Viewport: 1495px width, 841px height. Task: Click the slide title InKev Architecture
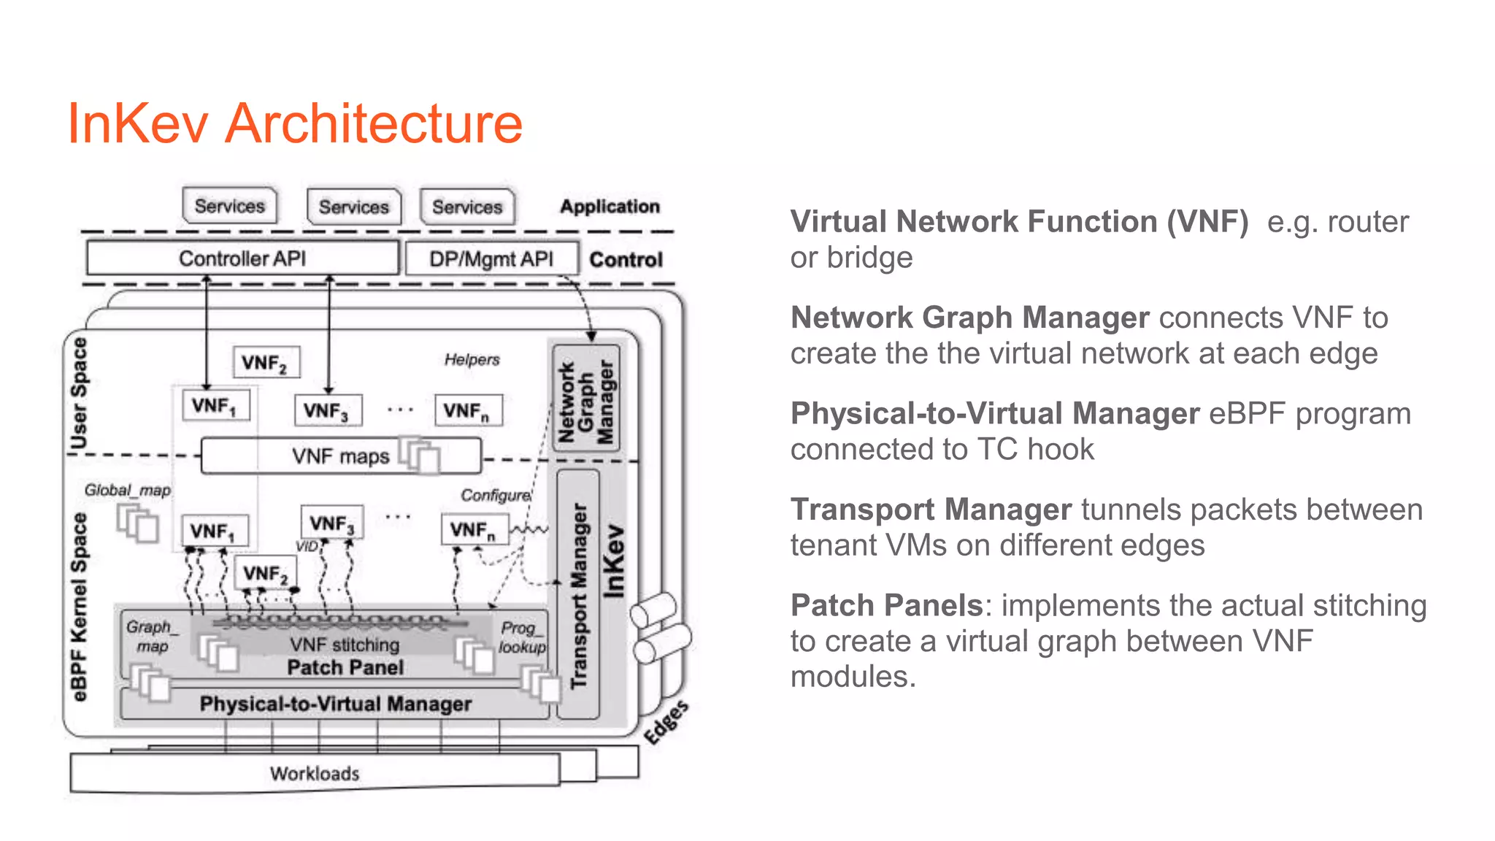295,124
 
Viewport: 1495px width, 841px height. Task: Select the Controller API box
242,258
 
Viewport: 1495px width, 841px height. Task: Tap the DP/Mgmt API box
491,259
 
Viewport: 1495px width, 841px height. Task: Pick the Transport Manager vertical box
578,595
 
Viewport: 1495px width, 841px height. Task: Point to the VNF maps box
341,456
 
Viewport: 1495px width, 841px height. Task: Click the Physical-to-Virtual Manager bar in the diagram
335,704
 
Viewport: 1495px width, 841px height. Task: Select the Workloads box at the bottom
315,773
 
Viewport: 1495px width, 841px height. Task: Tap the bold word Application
610,207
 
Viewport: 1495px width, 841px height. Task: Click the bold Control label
626,260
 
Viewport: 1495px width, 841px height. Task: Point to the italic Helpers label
472,360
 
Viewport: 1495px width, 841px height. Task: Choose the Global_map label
127,490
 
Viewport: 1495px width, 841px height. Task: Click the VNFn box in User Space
468,411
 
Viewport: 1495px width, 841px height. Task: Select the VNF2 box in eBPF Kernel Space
265,574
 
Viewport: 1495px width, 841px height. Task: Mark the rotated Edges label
666,722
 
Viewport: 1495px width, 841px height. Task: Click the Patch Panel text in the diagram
345,667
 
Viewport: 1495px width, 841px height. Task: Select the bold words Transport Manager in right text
931,510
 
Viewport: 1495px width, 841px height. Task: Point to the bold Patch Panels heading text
886,606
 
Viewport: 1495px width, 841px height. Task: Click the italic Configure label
496,495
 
